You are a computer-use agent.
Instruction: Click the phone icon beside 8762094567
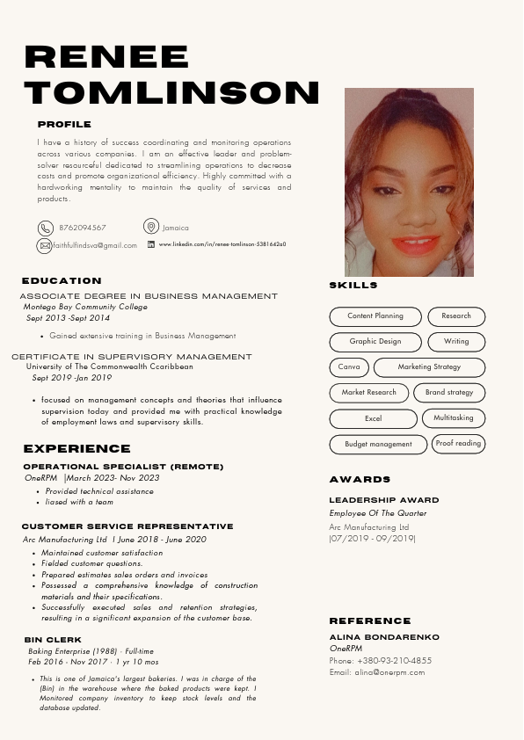pos(45,228)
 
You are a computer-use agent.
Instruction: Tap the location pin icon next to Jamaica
pos(151,227)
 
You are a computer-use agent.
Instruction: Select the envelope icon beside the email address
pos(45,245)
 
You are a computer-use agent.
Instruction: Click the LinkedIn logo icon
pos(151,244)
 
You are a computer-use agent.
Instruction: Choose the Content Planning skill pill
pos(375,316)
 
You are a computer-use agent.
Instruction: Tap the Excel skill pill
pos(373,419)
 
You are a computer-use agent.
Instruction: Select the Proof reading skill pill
pos(458,444)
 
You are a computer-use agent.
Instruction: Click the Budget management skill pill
pos(378,445)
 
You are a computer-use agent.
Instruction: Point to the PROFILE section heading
pos(64,125)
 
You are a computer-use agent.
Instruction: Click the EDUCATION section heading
pos(62,281)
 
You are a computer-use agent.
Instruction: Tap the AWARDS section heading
pos(360,480)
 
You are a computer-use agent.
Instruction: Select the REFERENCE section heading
pos(370,621)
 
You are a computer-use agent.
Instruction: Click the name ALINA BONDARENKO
pos(384,637)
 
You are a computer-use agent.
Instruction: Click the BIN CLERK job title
pos(53,640)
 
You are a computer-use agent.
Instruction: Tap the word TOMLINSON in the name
pos(172,91)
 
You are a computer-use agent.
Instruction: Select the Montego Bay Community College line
pos(85,308)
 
